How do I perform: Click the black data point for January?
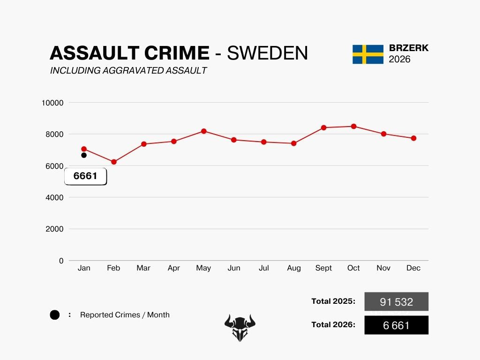84,155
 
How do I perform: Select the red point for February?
113,162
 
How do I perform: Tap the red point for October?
353,126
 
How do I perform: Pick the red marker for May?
203,131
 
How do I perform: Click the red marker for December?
413,138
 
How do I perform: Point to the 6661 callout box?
85,176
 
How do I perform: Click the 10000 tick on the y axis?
52,103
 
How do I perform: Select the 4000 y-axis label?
54,197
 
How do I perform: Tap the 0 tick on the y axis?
61,261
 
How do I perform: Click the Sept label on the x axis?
323,268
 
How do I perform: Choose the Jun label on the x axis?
233,268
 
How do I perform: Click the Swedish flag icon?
368,54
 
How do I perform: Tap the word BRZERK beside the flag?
409,48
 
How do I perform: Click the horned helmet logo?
240,327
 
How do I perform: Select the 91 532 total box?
396,301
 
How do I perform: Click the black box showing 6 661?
396,325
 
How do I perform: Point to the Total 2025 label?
333,301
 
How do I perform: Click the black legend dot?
55,315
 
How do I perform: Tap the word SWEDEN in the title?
268,53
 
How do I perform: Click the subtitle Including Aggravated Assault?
128,71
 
